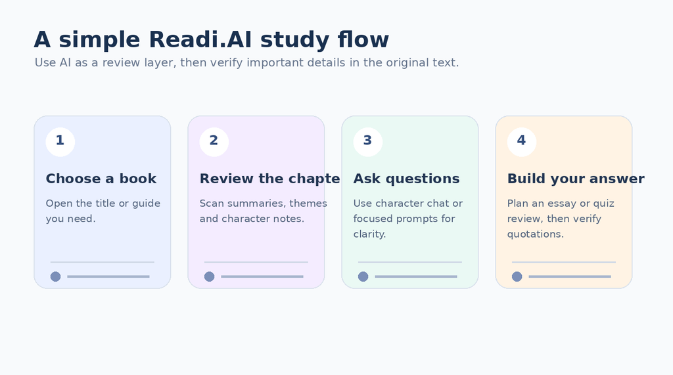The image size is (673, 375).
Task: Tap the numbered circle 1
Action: [60, 142]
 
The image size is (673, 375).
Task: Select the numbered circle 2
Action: [214, 142]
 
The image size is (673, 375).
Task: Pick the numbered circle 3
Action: [368, 142]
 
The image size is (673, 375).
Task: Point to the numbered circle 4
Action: [521, 142]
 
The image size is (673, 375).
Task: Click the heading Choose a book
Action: [101, 179]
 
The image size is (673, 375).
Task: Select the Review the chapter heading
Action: [269, 179]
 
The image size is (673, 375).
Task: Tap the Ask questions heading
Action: [406, 179]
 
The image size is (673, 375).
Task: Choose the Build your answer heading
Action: [576, 179]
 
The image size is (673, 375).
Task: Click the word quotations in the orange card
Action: [535, 234]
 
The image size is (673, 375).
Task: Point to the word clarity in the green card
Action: [369, 234]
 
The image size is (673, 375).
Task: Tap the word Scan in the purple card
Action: [211, 204]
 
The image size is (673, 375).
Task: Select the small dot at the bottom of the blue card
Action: [55, 276]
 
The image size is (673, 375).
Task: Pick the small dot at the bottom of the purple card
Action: [209, 276]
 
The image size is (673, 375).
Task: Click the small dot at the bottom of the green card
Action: [363, 276]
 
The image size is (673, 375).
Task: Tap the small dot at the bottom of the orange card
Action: [517, 276]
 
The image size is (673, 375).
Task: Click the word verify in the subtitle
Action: [228, 63]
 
